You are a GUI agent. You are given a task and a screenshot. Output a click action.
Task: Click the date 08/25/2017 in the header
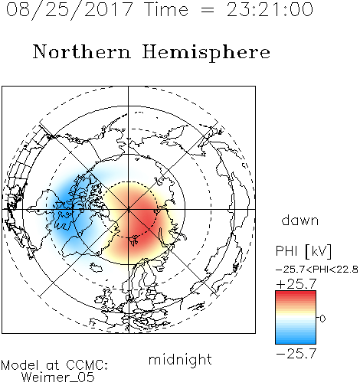pyautogui.click(x=70, y=10)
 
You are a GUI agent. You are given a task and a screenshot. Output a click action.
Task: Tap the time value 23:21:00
pyautogui.click(x=270, y=9)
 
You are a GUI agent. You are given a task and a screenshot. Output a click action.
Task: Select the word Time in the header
pyautogui.click(x=166, y=9)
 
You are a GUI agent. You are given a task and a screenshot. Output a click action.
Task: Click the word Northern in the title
pyautogui.click(x=82, y=52)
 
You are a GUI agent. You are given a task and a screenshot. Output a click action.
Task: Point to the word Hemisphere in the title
pyautogui.click(x=206, y=53)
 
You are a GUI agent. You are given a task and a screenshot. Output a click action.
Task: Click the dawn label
pyautogui.click(x=300, y=220)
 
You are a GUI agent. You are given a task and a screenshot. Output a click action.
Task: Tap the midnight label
pyautogui.click(x=180, y=359)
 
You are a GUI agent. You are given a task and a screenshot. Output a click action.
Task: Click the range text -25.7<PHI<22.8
pyautogui.click(x=317, y=270)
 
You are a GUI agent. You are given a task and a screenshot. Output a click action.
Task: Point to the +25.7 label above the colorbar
pyautogui.click(x=296, y=284)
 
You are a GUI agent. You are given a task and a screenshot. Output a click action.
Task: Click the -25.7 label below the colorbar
pyautogui.click(x=296, y=354)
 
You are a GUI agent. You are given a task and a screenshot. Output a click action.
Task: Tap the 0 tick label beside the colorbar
pyautogui.click(x=322, y=319)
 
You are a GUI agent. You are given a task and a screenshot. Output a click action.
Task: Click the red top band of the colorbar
pyautogui.click(x=296, y=294)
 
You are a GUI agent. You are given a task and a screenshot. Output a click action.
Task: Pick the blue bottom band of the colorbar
pyautogui.click(x=296, y=341)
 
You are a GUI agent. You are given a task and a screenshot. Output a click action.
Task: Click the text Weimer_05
pyautogui.click(x=58, y=378)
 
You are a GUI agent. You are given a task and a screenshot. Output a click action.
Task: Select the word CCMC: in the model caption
pyautogui.click(x=87, y=365)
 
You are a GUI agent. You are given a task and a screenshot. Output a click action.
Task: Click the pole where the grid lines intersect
pyautogui.click(x=129, y=209)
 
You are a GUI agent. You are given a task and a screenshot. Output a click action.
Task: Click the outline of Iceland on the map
pyautogui.click(x=96, y=267)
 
